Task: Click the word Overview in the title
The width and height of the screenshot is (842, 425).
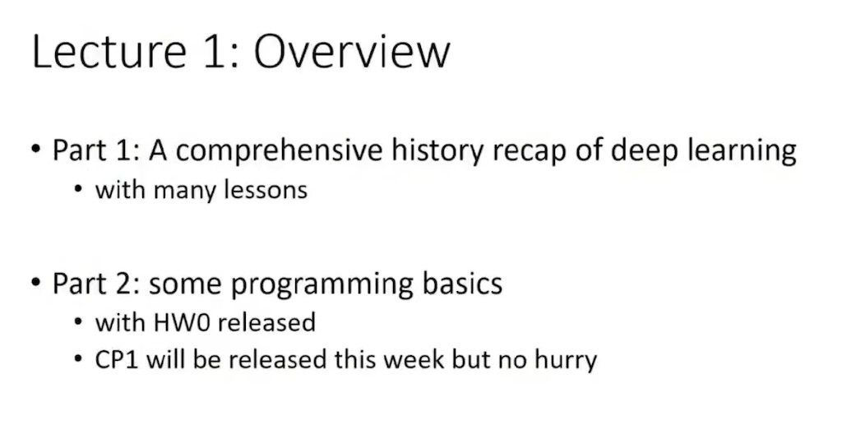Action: point(352,52)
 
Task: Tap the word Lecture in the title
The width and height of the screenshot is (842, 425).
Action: point(109,52)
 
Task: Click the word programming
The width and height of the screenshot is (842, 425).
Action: point(322,284)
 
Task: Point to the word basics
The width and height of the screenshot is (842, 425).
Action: point(462,283)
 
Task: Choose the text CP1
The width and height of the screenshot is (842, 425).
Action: point(117,360)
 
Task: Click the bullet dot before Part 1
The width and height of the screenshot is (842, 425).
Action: point(36,148)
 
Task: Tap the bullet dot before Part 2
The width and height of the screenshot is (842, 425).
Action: point(36,281)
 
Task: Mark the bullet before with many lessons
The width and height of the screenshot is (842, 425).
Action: point(78,189)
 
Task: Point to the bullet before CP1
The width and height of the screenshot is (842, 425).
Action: point(78,358)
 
